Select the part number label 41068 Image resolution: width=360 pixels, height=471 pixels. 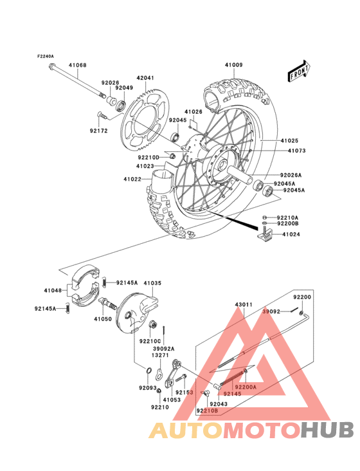point(78,65)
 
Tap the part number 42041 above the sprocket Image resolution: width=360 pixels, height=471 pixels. point(145,78)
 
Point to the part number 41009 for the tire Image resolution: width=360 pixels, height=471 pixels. point(233,65)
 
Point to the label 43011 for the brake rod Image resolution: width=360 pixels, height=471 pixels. point(242,304)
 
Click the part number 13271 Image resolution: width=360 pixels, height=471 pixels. point(160,354)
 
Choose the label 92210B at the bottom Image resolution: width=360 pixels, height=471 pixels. point(208,410)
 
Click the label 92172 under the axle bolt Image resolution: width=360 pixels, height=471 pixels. point(98,130)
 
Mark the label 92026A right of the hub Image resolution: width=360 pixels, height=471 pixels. point(291,175)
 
